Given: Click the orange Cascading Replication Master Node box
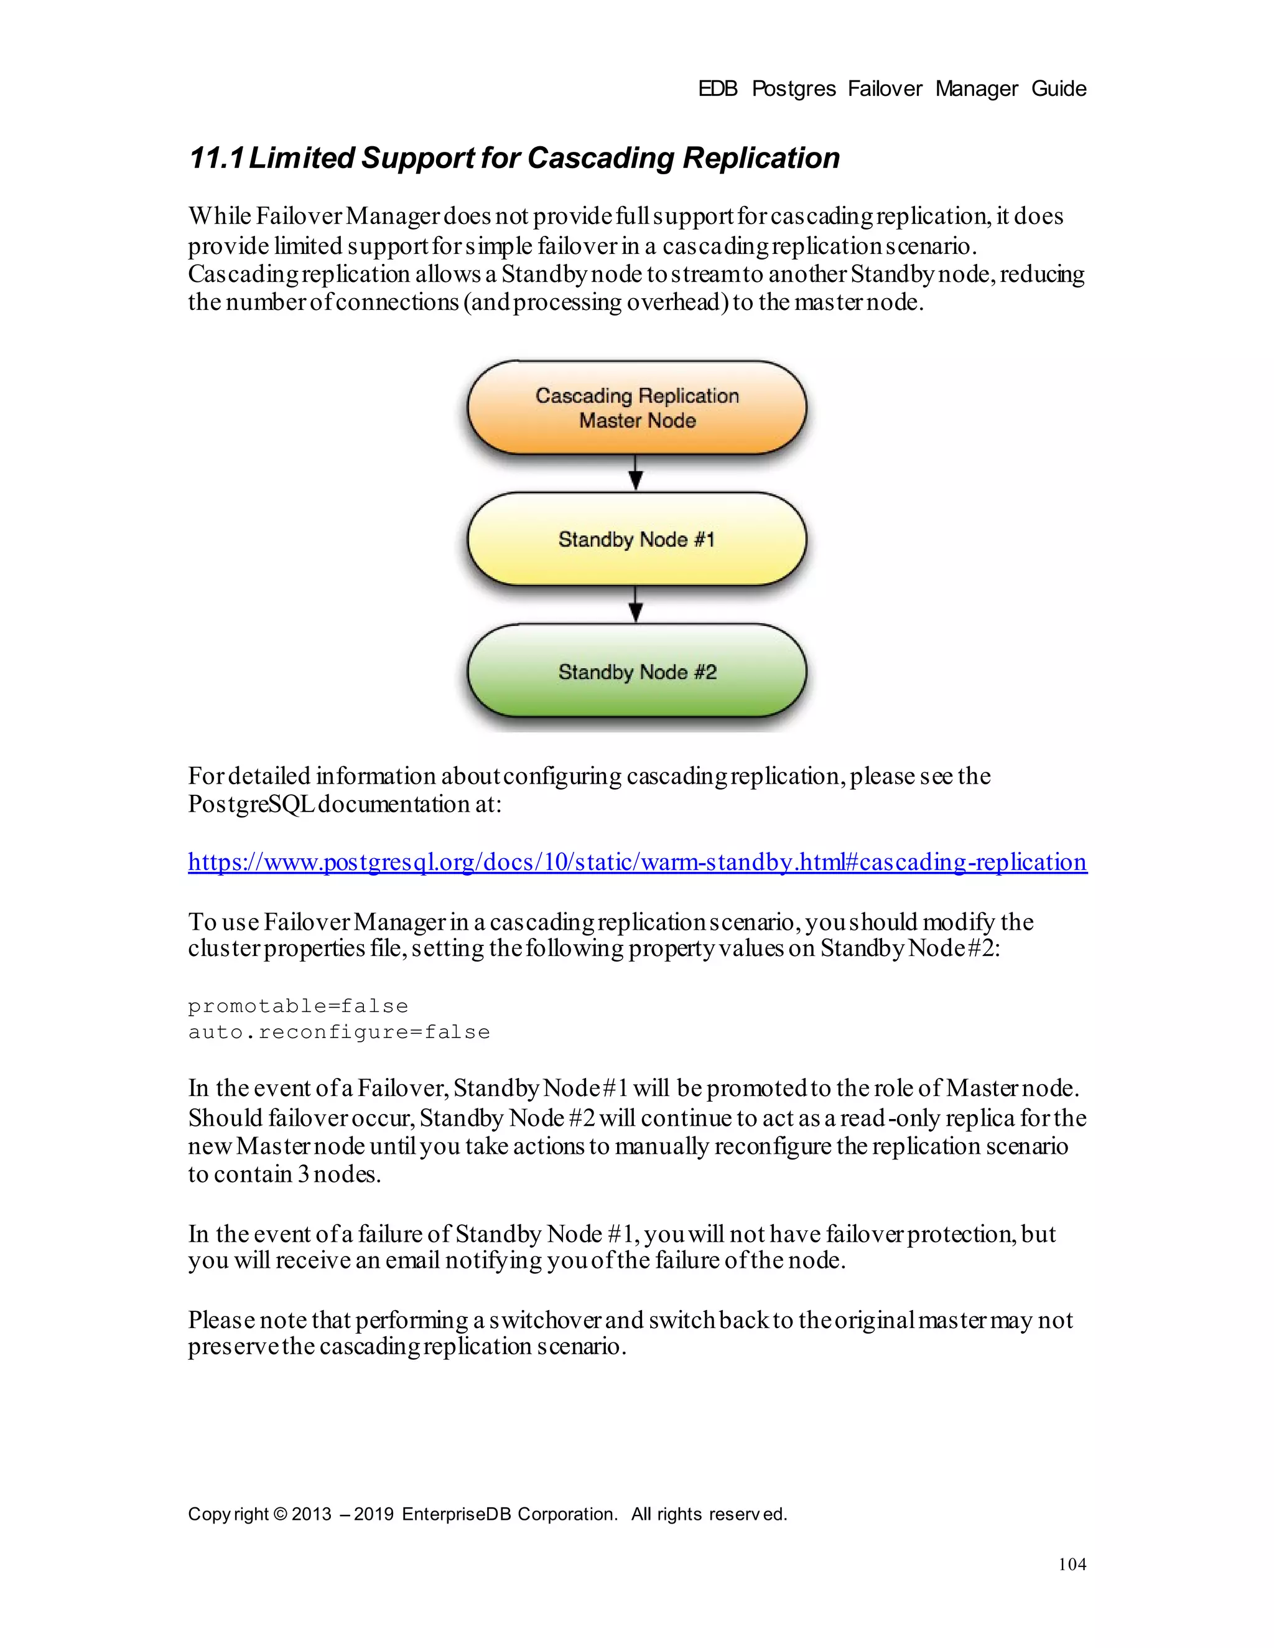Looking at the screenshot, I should point(636,408).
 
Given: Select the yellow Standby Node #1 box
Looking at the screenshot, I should point(636,539).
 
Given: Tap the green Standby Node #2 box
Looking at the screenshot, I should point(636,671).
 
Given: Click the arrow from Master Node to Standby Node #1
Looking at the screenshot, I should point(636,474).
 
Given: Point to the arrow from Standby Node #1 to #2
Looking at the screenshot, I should point(636,605).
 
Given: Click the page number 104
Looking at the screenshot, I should point(1071,1564).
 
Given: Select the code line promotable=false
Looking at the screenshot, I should point(298,1006).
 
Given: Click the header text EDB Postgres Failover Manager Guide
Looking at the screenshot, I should point(891,89).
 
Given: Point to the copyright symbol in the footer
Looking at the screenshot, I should point(280,1514).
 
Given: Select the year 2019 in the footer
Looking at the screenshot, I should point(373,1514).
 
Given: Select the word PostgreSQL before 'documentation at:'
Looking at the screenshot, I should point(251,804).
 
